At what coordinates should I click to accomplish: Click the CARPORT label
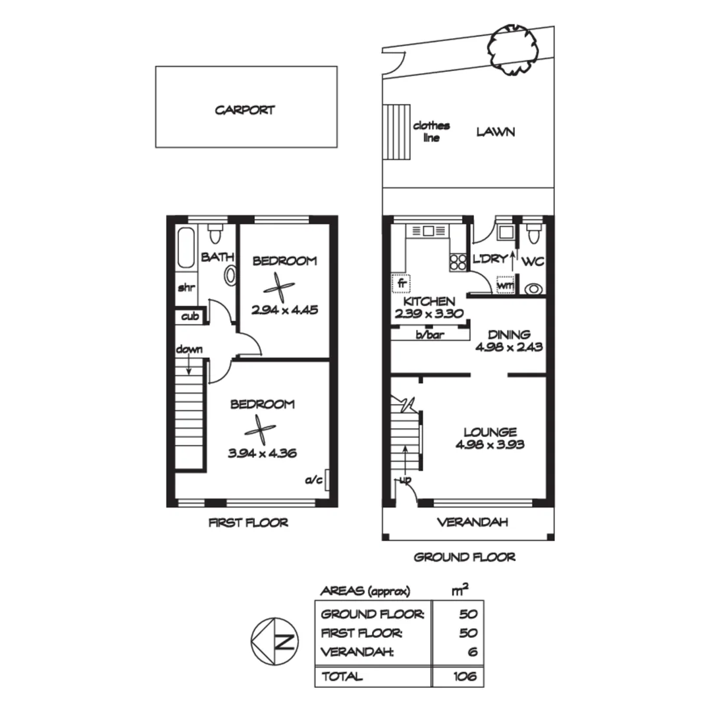click(x=244, y=110)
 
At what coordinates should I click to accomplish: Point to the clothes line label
click(x=431, y=132)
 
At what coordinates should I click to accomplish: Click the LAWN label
click(x=496, y=132)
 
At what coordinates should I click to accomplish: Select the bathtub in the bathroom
click(x=186, y=248)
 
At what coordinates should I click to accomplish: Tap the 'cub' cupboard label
click(x=190, y=316)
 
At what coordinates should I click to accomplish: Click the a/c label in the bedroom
click(x=313, y=480)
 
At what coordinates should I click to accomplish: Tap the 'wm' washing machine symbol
click(x=505, y=286)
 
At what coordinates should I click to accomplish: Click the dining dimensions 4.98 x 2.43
click(x=509, y=347)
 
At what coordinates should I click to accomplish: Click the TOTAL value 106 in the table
click(x=465, y=676)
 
